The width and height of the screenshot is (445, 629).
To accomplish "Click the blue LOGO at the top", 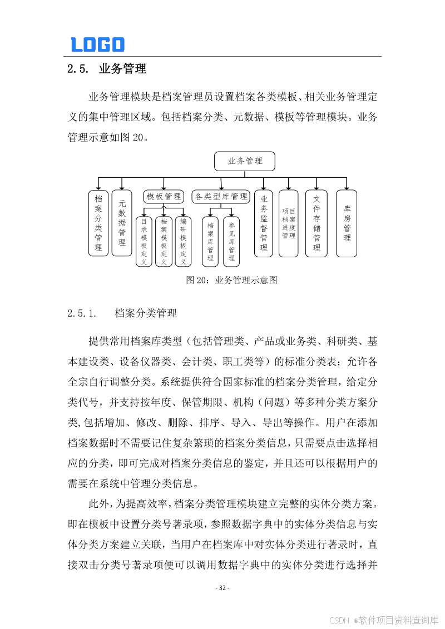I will [97, 44].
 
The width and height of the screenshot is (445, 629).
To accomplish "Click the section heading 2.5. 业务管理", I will [106, 69].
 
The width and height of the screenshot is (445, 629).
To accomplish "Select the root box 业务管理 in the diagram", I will [245, 161].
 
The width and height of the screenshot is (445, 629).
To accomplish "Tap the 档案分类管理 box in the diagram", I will [98, 223].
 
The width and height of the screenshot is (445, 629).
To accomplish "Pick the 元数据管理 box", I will [122, 223].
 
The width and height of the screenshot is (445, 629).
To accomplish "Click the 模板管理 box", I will [164, 196].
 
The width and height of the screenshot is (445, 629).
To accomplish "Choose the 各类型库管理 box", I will [221, 196].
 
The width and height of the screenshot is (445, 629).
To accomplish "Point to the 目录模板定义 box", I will [144, 241].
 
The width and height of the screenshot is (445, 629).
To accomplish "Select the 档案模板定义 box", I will [164, 241].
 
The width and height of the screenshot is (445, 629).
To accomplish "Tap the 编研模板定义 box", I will [183, 241].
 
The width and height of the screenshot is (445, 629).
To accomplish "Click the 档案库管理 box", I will [210, 241].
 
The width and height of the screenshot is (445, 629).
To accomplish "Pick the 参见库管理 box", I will [231, 241].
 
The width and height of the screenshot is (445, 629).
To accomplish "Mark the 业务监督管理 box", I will [264, 223].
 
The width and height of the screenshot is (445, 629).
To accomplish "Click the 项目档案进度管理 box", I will [288, 223].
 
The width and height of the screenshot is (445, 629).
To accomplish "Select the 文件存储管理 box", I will [317, 223].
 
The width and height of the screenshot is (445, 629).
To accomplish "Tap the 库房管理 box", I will [347, 223].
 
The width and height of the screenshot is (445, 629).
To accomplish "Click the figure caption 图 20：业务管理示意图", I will [231, 280].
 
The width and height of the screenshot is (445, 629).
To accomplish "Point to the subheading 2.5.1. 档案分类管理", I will [122, 313].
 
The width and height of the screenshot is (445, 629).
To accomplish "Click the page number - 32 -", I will [222, 588].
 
